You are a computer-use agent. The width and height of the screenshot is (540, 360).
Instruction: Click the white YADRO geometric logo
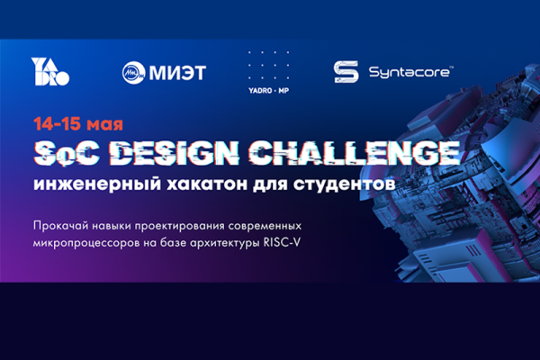[x=50, y=71]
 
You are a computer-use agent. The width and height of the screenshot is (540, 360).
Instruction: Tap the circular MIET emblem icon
[x=133, y=72]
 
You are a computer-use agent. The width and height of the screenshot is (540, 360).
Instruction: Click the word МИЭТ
[x=177, y=73]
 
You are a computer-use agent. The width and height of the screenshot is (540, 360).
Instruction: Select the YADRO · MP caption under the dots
[x=268, y=91]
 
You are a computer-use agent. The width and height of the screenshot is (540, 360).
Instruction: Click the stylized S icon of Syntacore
[x=346, y=72]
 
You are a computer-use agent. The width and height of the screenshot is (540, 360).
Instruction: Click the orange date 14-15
[x=58, y=124]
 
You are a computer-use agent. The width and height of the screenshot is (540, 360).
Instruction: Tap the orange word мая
[x=104, y=125]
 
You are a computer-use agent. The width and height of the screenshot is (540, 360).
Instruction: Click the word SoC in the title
[x=67, y=153]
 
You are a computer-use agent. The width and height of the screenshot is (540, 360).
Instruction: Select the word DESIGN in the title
[x=176, y=153]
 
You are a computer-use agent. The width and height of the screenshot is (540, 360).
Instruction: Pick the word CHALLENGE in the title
[x=355, y=153]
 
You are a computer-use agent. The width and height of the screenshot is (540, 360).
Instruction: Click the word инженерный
[x=97, y=184]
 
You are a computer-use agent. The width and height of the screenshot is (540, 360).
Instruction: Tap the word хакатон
[x=207, y=184]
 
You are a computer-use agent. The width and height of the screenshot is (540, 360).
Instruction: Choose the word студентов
[x=345, y=184]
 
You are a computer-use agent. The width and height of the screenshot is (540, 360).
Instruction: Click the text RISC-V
[x=282, y=242]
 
